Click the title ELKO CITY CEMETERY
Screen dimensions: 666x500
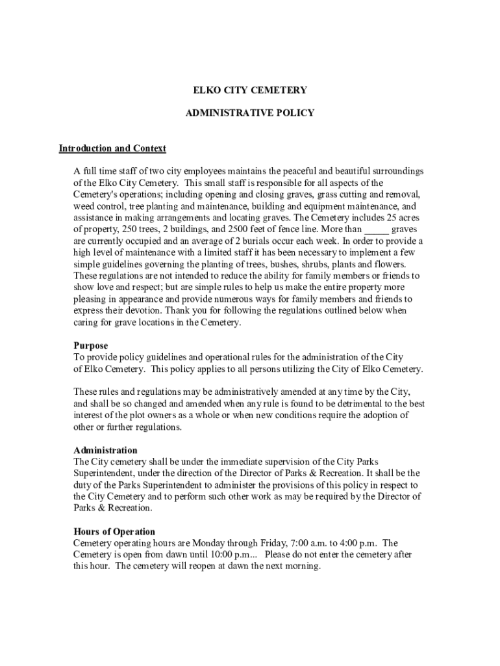click(x=250, y=90)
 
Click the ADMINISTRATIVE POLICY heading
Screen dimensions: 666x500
click(x=250, y=113)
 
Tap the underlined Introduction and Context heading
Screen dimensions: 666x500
click(x=112, y=149)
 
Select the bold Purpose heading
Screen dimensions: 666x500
click(x=91, y=346)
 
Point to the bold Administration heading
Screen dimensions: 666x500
click(x=105, y=450)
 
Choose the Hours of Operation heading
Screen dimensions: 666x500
click(x=114, y=532)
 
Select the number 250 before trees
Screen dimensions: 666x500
click(x=131, y=230)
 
